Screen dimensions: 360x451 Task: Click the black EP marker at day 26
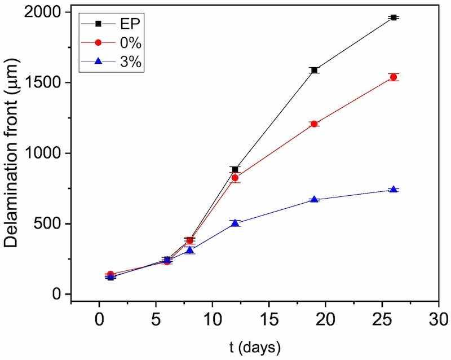[393, 18]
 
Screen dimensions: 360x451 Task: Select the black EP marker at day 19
[315, 71]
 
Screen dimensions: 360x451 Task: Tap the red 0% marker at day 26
[393, 77]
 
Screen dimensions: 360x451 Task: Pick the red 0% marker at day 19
[315, 124]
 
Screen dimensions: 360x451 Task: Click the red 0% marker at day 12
[235, 178]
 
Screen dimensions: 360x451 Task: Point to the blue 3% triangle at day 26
[393, 190]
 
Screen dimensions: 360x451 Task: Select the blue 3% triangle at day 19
[315, 199]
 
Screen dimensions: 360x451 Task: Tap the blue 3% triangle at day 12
[235, 223]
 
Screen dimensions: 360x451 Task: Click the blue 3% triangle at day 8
[190, 249]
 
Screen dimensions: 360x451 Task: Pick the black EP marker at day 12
[235, 169]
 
